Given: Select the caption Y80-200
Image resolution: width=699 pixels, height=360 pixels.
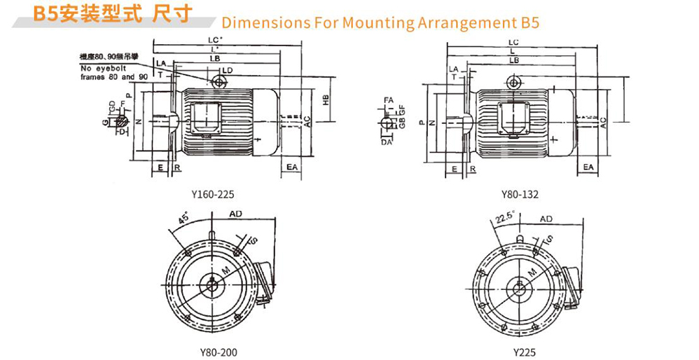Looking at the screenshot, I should pos(214,352).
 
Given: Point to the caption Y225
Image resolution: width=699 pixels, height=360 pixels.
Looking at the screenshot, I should pos(524,352).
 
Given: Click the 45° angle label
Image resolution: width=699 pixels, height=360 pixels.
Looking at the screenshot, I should pos(184,219).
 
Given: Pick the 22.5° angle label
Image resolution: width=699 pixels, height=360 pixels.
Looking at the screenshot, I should pos(505,218).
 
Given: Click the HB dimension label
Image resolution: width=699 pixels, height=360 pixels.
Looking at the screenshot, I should pos(325,100).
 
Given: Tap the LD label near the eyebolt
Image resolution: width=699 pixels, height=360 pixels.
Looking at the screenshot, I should pos(227,71).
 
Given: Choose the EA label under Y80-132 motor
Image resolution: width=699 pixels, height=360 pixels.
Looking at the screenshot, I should pos(588,167).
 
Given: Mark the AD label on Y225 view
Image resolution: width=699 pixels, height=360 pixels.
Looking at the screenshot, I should pos(546,219).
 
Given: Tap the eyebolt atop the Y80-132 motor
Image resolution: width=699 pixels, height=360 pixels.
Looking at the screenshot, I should pos(515,83).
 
